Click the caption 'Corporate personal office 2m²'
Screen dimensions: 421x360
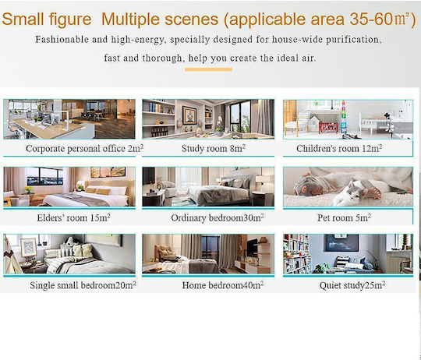click(x=84, y=148)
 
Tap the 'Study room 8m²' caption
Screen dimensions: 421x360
click(x=214, y=148)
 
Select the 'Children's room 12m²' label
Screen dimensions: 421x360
click(x=339, y=148)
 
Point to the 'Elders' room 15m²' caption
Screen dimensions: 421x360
click(x=73, y=217)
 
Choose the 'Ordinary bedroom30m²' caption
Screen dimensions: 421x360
click(x=218, y=217)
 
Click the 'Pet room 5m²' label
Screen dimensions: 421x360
click(x=345, y=217)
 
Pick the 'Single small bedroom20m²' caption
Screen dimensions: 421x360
click(x=83, y=285)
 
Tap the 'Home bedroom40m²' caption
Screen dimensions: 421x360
click(x=222, y=285)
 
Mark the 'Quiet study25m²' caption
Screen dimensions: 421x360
click(x=352, y=285)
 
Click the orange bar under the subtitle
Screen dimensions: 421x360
click(x=208, y=69)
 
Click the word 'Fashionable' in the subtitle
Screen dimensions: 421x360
click(x=62, y=40)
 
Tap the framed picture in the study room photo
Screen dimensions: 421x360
click(x=189, y=115)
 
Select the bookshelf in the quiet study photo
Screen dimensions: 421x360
click(x=296, y=253)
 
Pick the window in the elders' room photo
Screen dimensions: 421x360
click(x=44, y=176)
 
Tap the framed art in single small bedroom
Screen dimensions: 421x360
click(x=29, y=247)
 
